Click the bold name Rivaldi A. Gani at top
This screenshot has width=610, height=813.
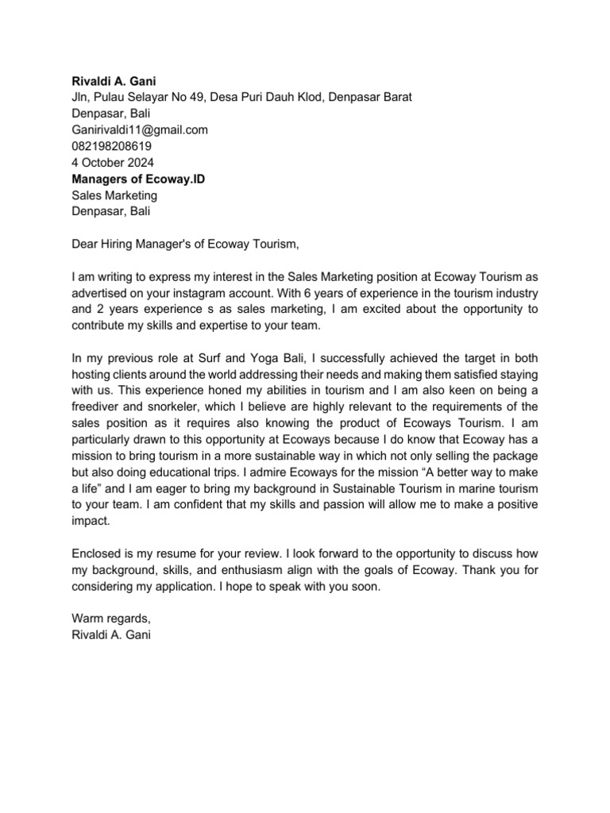113,81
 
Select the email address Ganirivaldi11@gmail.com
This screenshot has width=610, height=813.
140,130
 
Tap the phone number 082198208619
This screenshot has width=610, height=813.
111,146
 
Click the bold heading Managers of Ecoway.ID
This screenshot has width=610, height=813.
138,179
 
